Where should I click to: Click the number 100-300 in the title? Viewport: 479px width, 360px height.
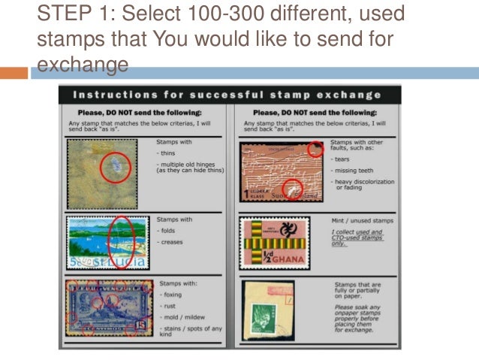[191, 14]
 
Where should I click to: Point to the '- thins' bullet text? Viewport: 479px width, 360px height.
[167, 153]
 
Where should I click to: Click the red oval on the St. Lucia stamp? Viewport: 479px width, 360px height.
[121, 243]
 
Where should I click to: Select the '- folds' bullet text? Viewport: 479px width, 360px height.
[167, 231]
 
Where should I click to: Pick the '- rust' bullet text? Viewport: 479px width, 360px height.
[167, 306]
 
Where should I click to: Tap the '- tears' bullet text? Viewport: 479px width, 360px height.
[341, 159]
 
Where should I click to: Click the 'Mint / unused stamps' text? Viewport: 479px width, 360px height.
[363, 220]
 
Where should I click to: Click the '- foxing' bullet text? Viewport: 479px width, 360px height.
[170, 295]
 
